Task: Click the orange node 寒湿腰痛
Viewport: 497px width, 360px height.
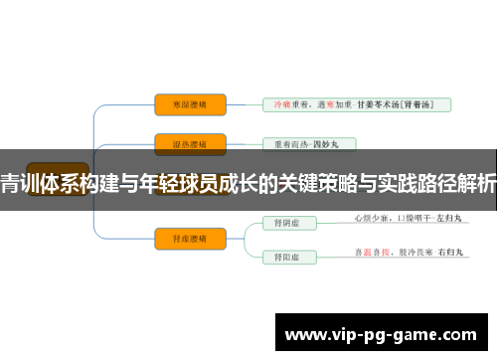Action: coord(190,103)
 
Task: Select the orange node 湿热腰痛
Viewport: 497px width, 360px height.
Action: coord(190,142)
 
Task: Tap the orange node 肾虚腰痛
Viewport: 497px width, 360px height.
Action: coord(190,236)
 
